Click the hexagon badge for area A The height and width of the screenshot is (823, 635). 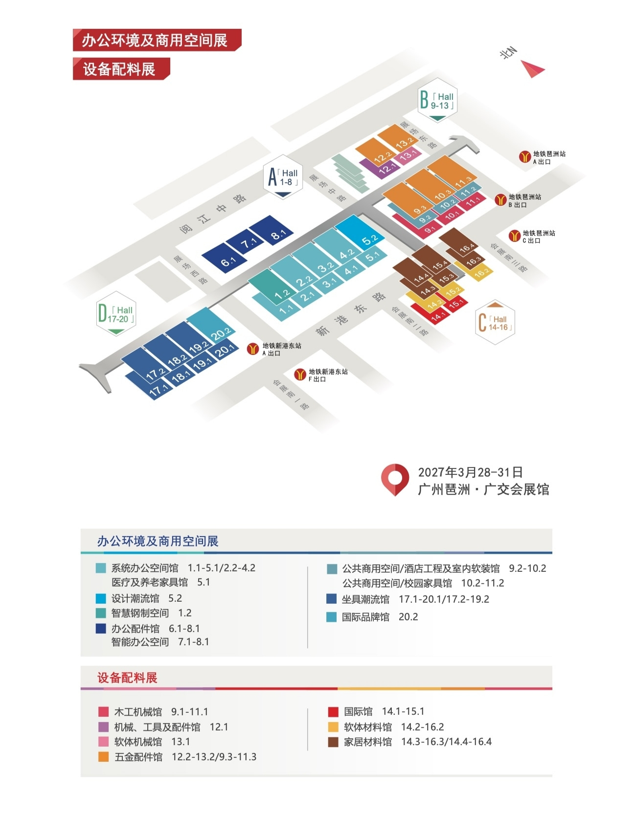coord(283,177)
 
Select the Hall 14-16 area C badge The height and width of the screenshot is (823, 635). coord(495,322)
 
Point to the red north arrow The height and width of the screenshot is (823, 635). coord(532,69)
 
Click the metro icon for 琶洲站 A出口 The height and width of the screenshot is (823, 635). coord(525,157)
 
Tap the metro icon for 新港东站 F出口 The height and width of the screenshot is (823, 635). coord(300,375)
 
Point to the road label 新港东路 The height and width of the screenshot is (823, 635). coord(351,314)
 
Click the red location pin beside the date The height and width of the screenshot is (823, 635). coord(395,479)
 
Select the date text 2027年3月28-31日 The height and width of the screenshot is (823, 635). coord(470,472)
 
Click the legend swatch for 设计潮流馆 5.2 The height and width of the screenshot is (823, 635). coord(101,598)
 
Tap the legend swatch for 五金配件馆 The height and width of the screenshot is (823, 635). coord(103,757)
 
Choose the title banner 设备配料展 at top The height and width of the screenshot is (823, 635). coord(121,69)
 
